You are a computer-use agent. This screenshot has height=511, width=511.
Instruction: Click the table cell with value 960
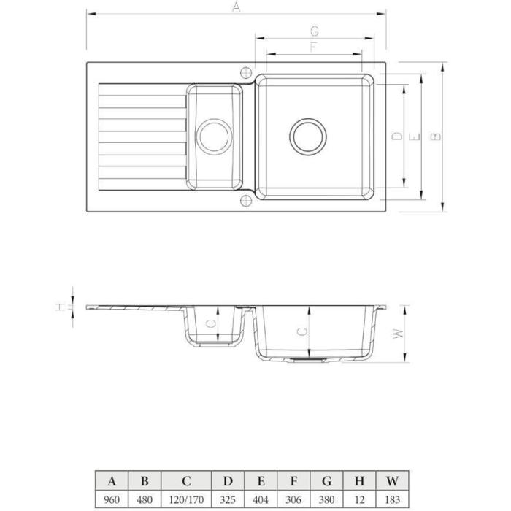(x=112, y=499)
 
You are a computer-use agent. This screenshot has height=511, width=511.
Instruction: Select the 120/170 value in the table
(x=186, y=499)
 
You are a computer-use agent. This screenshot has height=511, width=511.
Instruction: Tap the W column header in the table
(x=392, y=480)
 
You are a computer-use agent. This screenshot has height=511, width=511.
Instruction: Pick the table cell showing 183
(x=392, y=499)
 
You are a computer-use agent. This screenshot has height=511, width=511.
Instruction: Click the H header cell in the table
(x=359, y=480)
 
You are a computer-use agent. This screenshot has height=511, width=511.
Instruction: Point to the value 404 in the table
(x=261, y=499)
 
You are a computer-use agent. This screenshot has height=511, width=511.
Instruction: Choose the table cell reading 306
(x=293, y=499)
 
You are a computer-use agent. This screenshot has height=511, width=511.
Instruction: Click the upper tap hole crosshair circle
(x=246, y=72)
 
